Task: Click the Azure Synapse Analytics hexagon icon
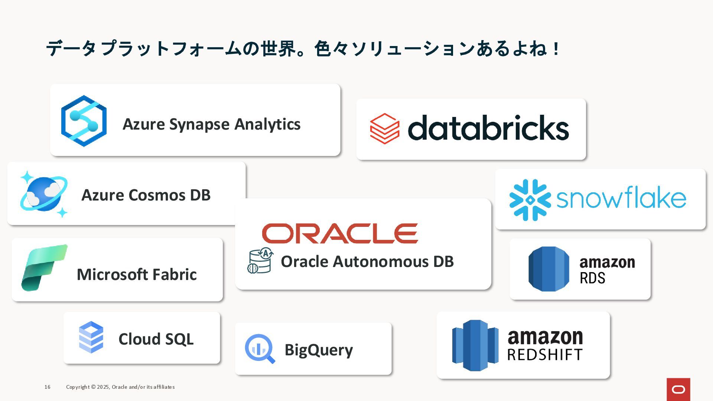[x=84, y=121]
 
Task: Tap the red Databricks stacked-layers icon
[x=385, y=128]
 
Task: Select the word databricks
[x=488, y=128]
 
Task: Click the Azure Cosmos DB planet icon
[x=44, y=194]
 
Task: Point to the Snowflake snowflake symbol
[x=530, y=200]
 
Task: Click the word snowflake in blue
[x=621, y=198]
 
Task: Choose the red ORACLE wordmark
[x=340, y=234]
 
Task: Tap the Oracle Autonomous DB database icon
[x=260, y=261]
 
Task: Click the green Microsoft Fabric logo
[x=44, y=267]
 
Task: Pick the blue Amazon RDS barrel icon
[x=548, y=269]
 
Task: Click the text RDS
[x=592, y=278]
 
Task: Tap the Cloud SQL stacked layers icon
[x=91, y=337]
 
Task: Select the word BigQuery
[x=319, y=350]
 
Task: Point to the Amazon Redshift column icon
[x=475, y=345]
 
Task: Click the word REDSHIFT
[x=544, y=355]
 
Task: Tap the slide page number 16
[x=48, y=387]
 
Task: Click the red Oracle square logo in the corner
[x=678, y=389]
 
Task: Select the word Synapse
[x=199, y=124]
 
